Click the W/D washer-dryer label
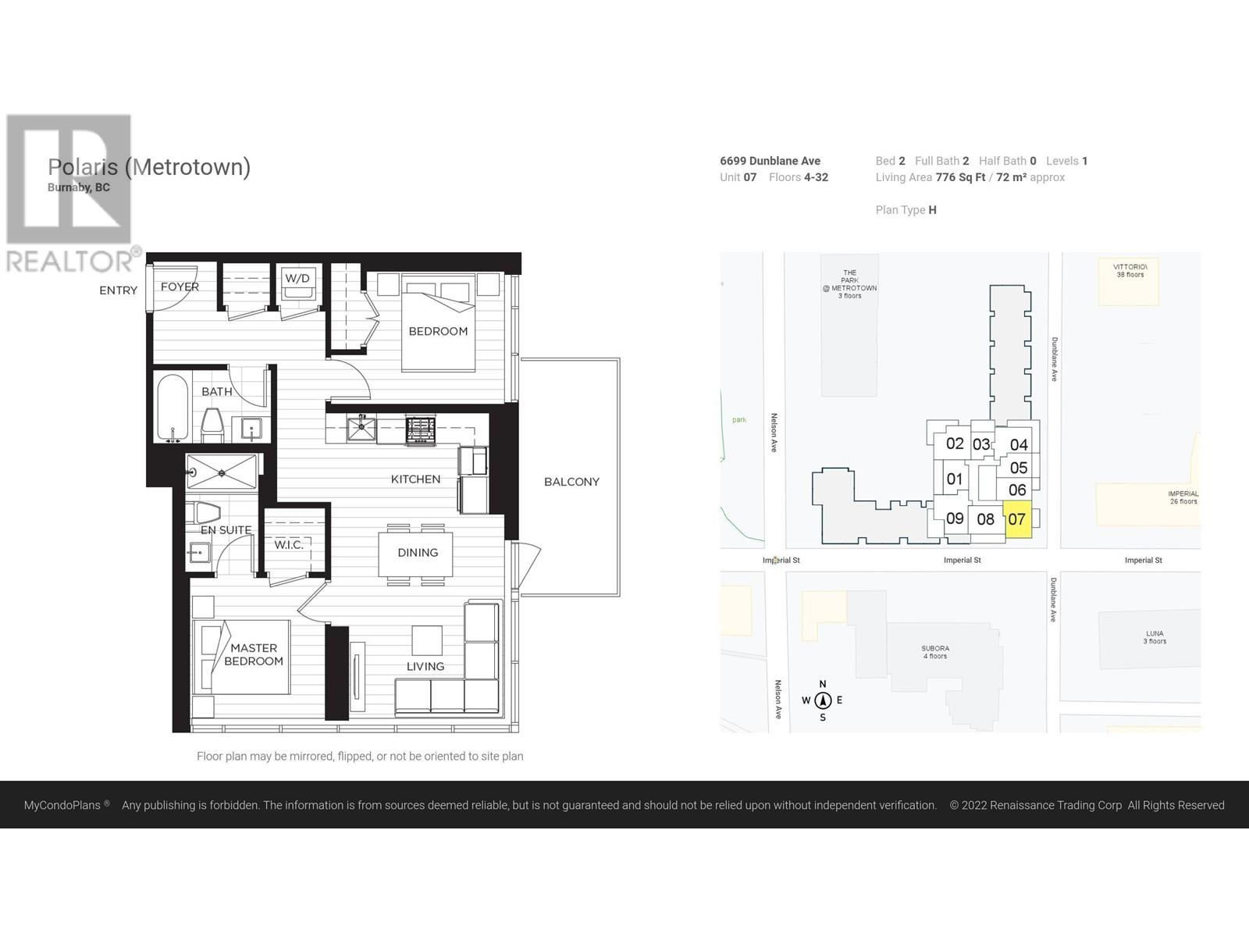pyautogui.click(x=297, y=279)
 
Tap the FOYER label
pyautogui.click(x=180, y=287)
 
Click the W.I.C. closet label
pyautogui.click(x=289, y=544)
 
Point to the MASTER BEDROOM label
pyautogui.click(x=254, y=654)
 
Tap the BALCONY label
pyautogui.click(x=571, y=482)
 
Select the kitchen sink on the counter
pyautogui.click(x=361, y=428)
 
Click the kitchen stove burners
pyautogui.click(x=421, y=429)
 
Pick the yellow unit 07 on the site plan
pyautogui.click(x=1017, y=519)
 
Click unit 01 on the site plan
pyautogui.click(x=954, y=479)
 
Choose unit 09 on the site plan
pyautogui.click(x=955, y=518)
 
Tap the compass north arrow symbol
pyautogui.click(x=823, y=700)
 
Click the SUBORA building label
pyautogui.click(x=935, y=652)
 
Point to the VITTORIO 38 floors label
pyautogui.click(x=1130, y=271)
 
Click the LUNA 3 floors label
pyautogui.click(x=1155, y=637)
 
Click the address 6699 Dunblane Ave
pyautogui.click(x=770, y=161)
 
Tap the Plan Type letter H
pyautogui.click(x=933, y=210)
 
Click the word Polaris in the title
pyautogui.click(x=83, y=167)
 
